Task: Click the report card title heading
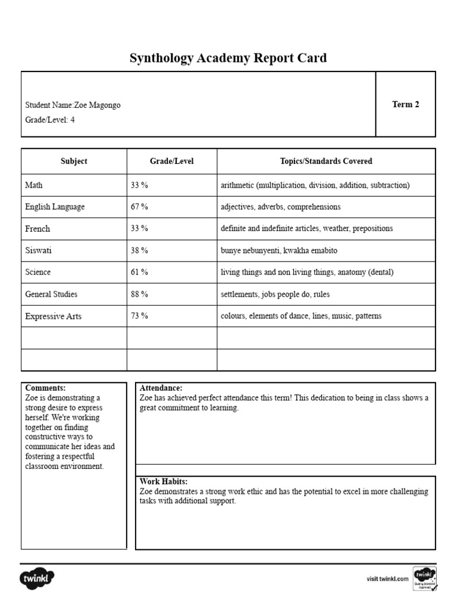(x=228, y=58)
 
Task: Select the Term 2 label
(x=405, y=104)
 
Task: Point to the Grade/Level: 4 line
(x=50, y=119)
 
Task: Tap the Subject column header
(x=74, y=161)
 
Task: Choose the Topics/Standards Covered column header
(x=326, y=161)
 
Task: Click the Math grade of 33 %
(x=139, y=185)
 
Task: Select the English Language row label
(x=55, y=207)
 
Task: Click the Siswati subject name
(x=38, y=251)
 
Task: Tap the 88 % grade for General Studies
(x=139, y=294)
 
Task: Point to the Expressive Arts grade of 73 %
(x=139, y=316)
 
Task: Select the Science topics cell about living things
(x=307, y=272)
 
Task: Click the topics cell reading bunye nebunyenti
(x=278, y=251)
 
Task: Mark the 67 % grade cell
(x=139, y=207)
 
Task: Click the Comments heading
(x=45, y=388)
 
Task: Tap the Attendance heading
(x=161, y=388)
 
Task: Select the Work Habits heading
(x=164, y=481)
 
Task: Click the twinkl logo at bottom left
(x=37, y=578)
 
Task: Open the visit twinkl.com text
(x=387, y=578)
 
